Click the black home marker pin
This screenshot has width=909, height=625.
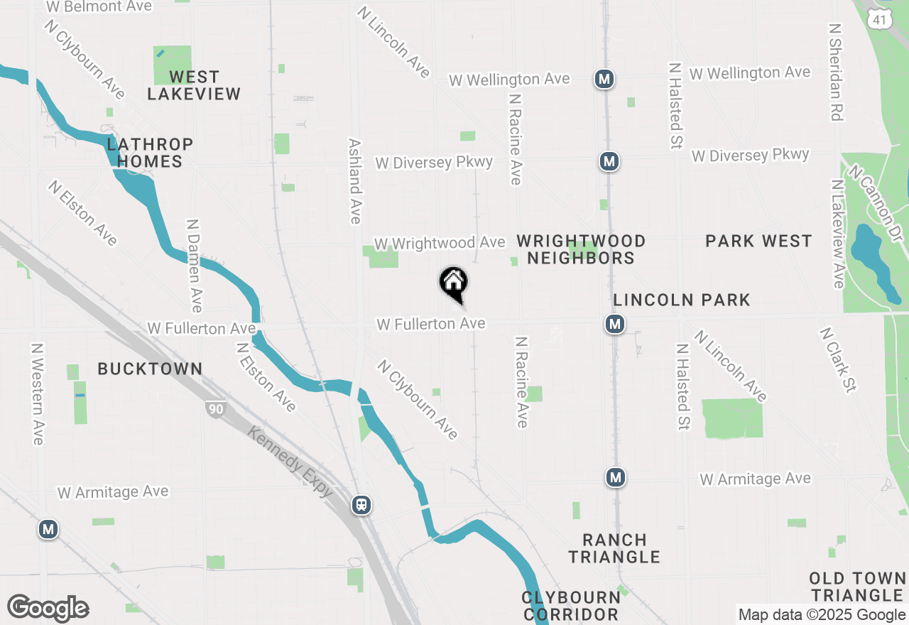point(453,283)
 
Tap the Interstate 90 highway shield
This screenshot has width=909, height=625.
point(214,408)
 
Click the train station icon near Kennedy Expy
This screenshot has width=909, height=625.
point(361,505)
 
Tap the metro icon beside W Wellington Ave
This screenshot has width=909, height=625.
point(604,79)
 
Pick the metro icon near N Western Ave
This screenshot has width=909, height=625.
point(48,529)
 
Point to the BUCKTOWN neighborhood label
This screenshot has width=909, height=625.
point(150,369)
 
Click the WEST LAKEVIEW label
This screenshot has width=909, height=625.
point(194,85)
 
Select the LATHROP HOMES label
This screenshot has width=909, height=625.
point(150,153)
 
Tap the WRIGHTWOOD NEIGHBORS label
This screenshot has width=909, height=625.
point(581,249)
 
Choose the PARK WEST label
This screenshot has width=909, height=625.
point(758,241)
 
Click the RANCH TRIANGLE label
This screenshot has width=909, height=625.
point(614,548)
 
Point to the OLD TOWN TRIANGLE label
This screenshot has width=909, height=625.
point(856,587)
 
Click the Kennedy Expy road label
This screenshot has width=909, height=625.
point(291,462)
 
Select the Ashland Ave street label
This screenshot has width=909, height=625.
point(355,181)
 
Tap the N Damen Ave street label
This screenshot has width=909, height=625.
point(193,265)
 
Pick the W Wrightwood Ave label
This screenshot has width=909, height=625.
point(440,243)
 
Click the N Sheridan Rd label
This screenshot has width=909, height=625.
point(837,71)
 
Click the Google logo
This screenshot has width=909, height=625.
point(48,608)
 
